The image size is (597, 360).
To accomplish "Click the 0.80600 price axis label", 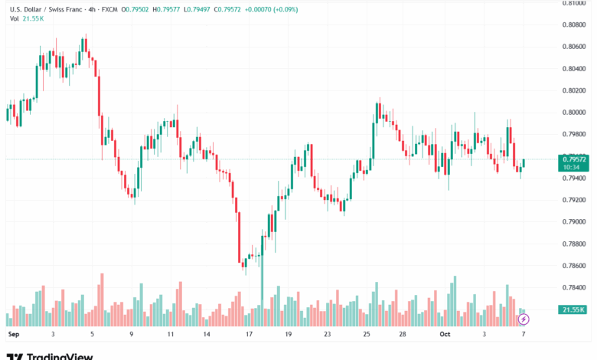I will pyautogui.click(x=575, y=47).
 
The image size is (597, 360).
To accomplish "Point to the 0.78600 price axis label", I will pyautogui.click(x=575, y=266).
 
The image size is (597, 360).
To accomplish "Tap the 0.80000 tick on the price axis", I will pyautogui.click(x=575, y=113).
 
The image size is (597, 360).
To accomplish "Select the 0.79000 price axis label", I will pyautogui.click(x=575, y=222).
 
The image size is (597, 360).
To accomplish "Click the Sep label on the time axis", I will pyautogui.click(x=12, y=335).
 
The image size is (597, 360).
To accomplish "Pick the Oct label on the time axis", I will pyautogui.click(x=445, y=335).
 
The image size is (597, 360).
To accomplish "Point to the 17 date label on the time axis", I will pyautogui.click(x=249, y=335).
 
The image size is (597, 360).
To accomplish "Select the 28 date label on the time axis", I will pyautogui.click(x=403, y=335).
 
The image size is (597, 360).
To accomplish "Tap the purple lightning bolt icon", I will pyautogui.click(x=524, y=319).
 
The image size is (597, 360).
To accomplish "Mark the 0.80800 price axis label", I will pyautogui.click(x=575, y=25).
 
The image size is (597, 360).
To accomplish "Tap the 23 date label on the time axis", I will pyautogui.click(x=327, y=335).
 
